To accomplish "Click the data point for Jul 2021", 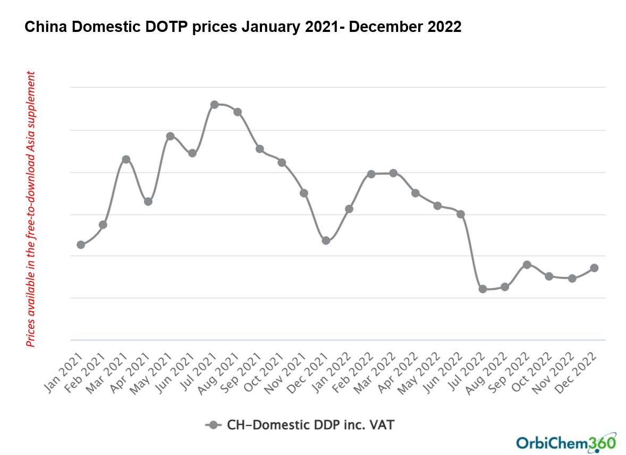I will [214, 104].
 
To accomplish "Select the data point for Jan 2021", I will [81, 245].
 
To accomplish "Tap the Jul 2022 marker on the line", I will [483, 289].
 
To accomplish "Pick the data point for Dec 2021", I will [326, 241].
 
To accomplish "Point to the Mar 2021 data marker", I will [126, 159].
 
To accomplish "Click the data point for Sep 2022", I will [527, 264].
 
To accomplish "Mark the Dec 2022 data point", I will [594, 268].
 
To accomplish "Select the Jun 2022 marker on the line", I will [461, 214].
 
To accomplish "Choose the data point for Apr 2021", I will [148, 202].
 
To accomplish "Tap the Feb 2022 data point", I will [371, 174].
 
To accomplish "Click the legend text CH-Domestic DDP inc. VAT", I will [311, 425].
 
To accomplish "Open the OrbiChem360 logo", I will [565, 442].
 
